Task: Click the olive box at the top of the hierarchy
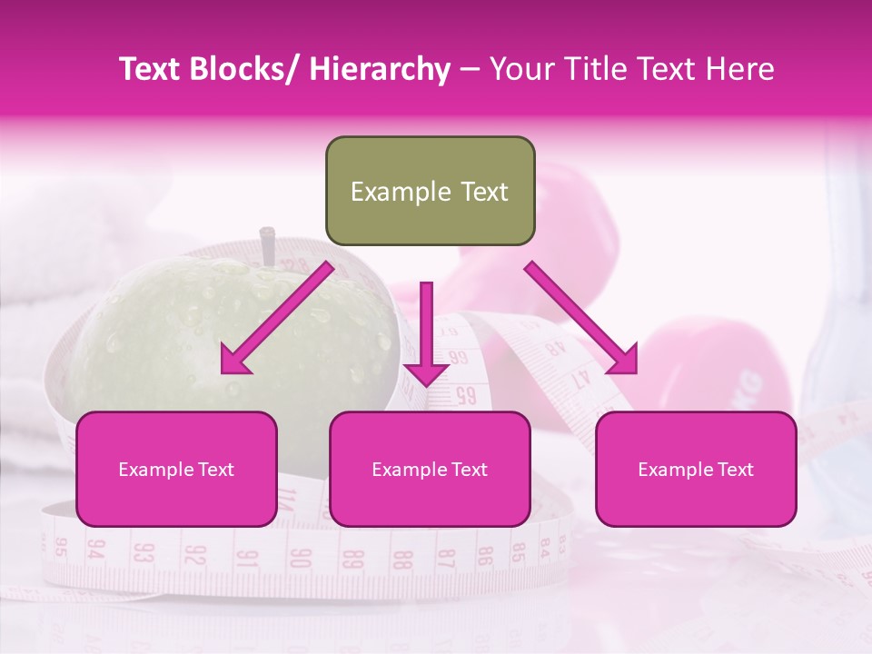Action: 430,192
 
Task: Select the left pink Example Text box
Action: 176,470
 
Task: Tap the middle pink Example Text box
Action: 430,470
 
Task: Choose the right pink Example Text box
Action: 696,470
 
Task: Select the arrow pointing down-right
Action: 582,319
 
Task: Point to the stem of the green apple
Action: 267,245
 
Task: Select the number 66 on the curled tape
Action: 464,395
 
